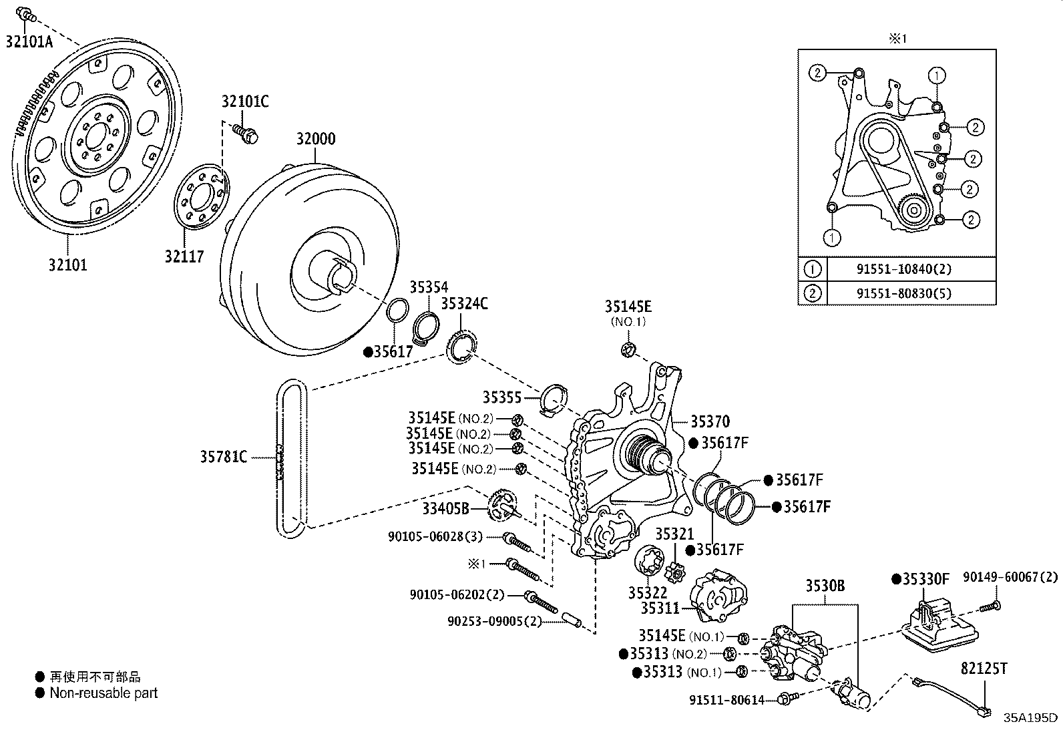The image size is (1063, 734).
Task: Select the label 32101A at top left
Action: (29, 41)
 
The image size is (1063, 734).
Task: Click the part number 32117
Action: (184, 256)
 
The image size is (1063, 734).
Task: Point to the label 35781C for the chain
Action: (224, 457)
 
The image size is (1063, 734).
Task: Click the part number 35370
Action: (710, 421)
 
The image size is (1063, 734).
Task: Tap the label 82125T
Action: (984, 668)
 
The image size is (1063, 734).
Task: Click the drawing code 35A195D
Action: (1030, 718)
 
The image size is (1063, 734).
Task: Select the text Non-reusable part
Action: (103, 693)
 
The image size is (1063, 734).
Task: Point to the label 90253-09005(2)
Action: (493, 622)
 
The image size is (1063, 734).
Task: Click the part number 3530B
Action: (825, 586)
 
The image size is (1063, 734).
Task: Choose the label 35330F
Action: (925, 578)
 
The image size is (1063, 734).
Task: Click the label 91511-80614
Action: (726, 699)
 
